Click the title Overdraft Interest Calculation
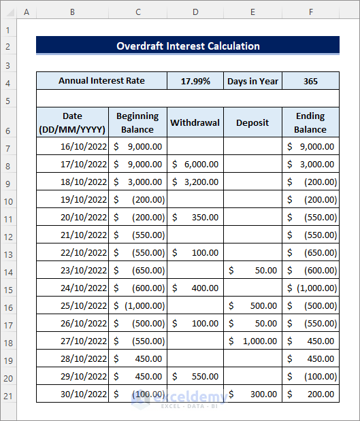(x=188, y=46)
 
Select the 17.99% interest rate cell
(x=195, y=81)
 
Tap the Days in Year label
(x=252, y=81)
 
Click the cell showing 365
(x=310, y=81)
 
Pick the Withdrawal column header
(x=195, y=123)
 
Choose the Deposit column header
(x=252, y=123)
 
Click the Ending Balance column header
(x=310, y=123)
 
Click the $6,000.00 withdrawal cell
(x=195, y=164)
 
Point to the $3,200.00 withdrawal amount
(x=195, y=182)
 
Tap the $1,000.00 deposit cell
(x=252, y=341)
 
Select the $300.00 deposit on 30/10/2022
(x=252, y=394)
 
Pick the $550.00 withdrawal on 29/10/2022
(x=195, y=376)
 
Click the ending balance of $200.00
(x=310, y=394)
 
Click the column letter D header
(x=195, y=12)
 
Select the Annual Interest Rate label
(x=101, y=81)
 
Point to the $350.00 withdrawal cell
(x=195, y=217)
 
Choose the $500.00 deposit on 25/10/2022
(x=252, y=305)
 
